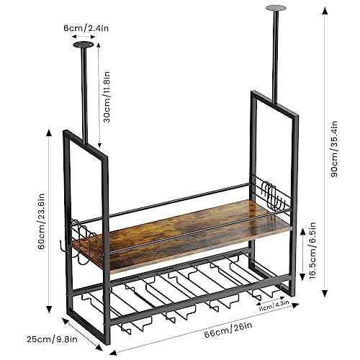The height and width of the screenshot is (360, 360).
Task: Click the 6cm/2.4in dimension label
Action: [x=86, y=28]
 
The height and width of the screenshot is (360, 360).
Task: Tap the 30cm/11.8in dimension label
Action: [x=107, y=97]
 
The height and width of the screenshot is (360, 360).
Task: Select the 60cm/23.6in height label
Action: [x=41, y=221]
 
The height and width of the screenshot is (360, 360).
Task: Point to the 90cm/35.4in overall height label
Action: [x=334, y=149]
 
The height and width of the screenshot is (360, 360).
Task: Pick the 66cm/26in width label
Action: [x=228, y=330]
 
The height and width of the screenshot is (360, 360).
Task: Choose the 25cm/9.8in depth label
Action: [x=52, y=339]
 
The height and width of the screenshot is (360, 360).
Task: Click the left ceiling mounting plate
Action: [x=84, y=45]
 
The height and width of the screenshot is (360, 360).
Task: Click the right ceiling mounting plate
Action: [x=276, y=8]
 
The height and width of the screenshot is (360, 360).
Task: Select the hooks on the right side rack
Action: [x=273, y=195]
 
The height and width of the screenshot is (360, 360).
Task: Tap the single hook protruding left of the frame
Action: [x=63, y=247]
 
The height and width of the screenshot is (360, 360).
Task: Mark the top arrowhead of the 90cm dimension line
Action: [x=325, y=11]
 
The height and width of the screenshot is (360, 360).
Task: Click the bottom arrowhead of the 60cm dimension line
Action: [x=49, y=310]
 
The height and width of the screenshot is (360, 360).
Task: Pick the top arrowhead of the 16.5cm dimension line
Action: [x=302, y=232]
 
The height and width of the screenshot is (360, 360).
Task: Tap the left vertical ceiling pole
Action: [x=84, y=96]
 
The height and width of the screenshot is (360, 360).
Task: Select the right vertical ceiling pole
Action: [x=276, y=57]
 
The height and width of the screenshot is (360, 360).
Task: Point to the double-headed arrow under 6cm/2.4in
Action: [x=84, y=37]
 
